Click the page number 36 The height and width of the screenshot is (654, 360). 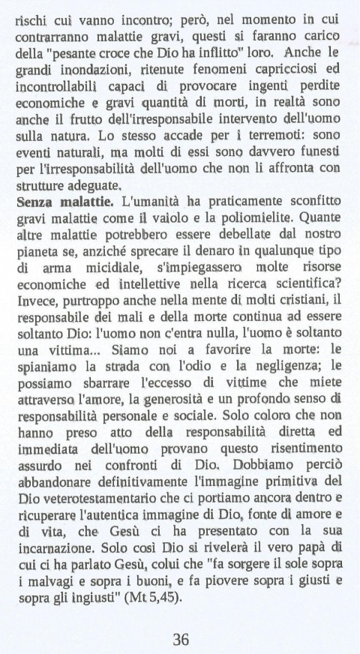[x=181, y=619]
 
